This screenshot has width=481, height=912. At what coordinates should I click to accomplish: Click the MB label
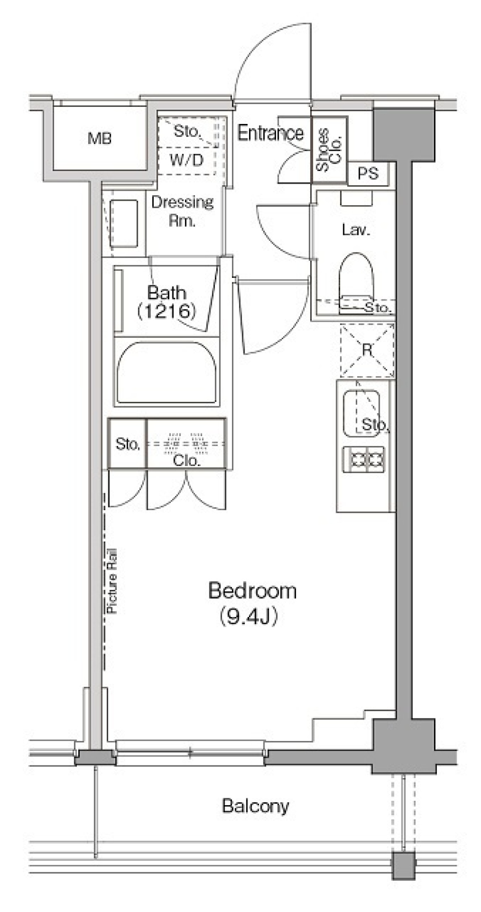pos(99,138)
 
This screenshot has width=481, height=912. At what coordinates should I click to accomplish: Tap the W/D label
pos(186,161)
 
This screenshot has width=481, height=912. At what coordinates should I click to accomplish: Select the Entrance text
pos(270,133)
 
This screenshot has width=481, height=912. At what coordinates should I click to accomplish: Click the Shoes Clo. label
pos(329,149)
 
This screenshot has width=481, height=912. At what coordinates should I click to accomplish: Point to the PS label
pos(368,174)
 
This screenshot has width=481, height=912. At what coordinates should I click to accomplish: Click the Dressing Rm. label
pos(182,211)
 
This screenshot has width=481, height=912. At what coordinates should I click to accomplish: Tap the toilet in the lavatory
pos(357,281)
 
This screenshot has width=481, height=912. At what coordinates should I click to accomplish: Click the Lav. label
pos(356,230)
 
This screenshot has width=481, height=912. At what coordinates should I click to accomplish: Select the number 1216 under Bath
pos(166,312)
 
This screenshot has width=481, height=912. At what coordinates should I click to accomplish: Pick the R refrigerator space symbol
pos(367,350)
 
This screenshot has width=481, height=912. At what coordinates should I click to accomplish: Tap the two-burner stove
pos(364,459)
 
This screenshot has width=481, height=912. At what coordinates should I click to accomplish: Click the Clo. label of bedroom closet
pos(186,461)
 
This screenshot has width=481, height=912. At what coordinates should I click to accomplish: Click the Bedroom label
pos(252,591)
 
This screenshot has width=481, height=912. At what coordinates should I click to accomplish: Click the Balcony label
pos(256,806)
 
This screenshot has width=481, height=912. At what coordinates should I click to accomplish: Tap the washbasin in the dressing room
pos(123,223)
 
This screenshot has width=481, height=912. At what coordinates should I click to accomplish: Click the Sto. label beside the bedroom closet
pos(127,443)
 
